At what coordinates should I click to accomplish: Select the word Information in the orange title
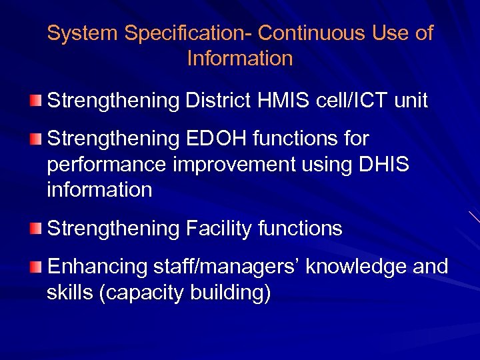[x=240, y=59]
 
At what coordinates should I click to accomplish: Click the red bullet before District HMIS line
[x=36, y=101]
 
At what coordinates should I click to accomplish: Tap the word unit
[x=409, y=101]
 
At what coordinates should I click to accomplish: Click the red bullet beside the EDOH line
[x=36, y=139]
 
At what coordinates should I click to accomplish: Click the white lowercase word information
[x=99, y=190]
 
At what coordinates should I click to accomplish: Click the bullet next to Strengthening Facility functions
[x=36, y=229]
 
